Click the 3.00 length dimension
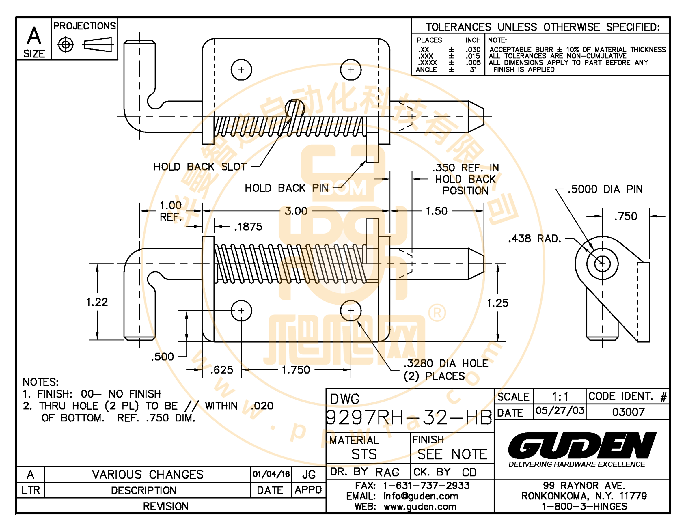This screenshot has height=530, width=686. [x=296, y=211]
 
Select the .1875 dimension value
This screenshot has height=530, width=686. [x=248, y=227]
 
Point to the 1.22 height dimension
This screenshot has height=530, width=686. [x=97, y=302]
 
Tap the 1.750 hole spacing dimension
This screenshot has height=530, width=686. [x=296, y=370]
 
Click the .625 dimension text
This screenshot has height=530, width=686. [x=221, y=370]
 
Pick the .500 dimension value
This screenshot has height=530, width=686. [x=162, y=357]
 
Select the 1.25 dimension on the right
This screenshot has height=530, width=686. [x=497, y=303]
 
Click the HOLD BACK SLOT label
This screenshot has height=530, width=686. [x=200, y=167]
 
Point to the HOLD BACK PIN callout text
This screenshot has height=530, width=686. [x=286, y=188]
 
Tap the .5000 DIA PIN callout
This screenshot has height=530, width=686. [x=605, y=189]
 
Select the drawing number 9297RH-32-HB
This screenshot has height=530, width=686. [x=409, y=418]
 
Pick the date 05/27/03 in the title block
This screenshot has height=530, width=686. [x=560, y=411]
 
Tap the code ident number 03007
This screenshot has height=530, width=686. [x=628, y=412]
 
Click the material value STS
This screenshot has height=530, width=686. [x=364, y=454]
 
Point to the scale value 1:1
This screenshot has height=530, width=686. [x=560, y=397]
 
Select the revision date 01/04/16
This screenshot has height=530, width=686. [x=271, y=474]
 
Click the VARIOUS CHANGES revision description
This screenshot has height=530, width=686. [x=148, y=474]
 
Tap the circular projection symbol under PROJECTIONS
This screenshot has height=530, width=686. [x=66, y=45]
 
